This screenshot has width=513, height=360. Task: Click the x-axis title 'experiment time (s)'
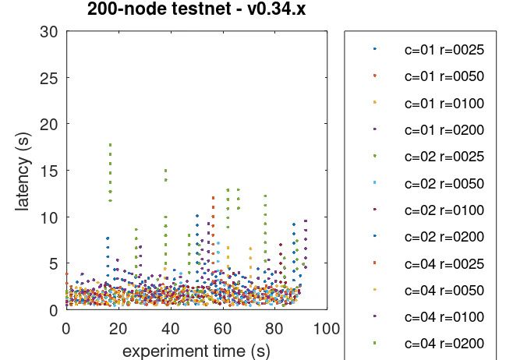point(196,350)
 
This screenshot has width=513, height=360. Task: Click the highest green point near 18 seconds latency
point(111,144)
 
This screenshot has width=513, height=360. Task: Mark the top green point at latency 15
point(165,171)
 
